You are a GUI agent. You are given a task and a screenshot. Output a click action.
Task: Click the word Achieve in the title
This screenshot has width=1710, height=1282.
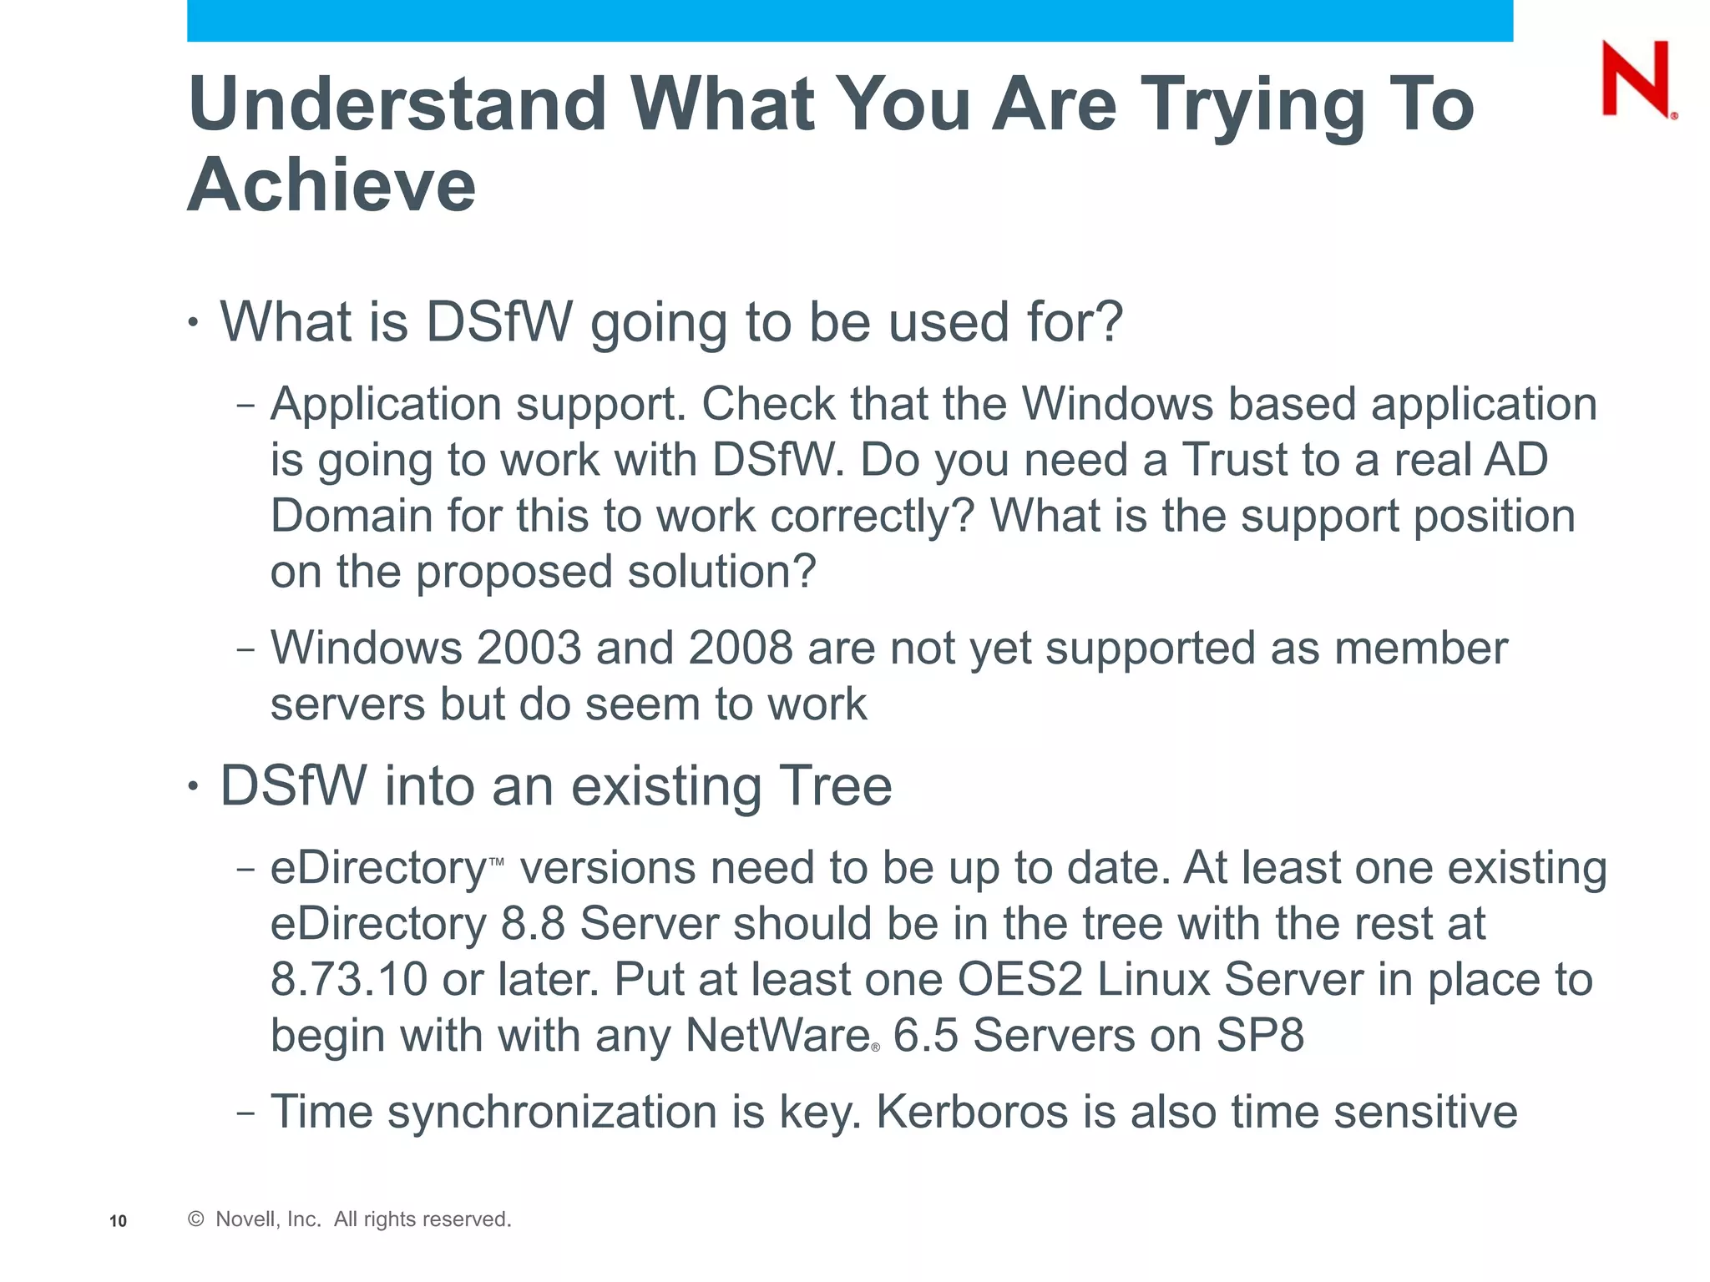[x=331, y=185]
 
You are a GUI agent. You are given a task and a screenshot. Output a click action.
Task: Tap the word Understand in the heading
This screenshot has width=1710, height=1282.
[x=397, y=104]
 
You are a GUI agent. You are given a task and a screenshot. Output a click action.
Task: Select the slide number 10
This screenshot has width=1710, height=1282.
[x=118, y=1221]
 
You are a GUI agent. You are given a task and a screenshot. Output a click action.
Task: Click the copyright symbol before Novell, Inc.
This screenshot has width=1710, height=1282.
[x=196, y=1219]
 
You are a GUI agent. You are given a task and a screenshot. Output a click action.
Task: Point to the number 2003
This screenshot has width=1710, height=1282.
[x=528, y=649]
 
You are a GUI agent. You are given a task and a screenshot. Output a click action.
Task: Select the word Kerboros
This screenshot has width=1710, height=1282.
[x=972, y=1113]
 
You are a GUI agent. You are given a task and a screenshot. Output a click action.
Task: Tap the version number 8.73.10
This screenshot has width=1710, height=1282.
[x=349, y=980]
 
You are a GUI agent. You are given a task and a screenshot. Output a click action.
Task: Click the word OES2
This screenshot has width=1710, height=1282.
[x=1019, y=980]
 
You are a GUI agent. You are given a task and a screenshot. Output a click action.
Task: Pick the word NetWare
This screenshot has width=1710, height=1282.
[x=778, y=1036]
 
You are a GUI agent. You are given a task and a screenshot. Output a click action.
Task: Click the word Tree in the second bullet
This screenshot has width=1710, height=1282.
[x=835, y=786]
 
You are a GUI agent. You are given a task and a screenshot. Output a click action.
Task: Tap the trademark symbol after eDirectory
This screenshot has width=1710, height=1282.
[x=496, y=861]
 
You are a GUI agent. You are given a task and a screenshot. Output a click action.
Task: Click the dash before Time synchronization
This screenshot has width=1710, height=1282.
[x=245, y=1114]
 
